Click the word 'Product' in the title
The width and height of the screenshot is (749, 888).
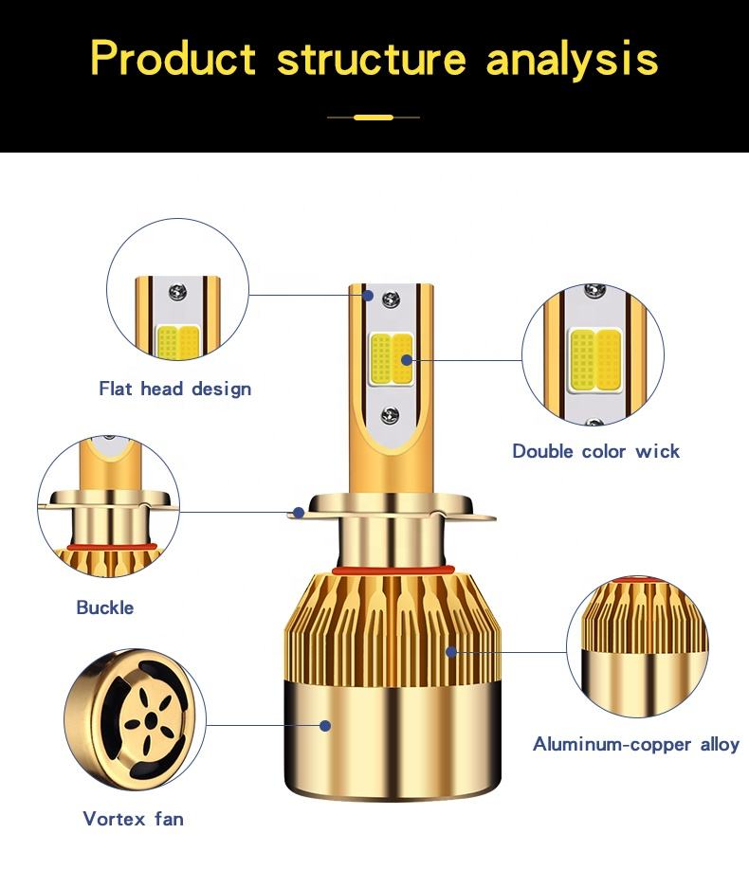[x=174, y=58]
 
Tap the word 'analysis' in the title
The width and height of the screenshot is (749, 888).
[x=572, y=58]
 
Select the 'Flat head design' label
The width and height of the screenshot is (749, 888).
[x=175, y=389]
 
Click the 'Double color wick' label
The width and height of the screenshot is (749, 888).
[x=595, y=451]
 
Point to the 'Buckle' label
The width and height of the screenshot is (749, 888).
[x=105, y=607]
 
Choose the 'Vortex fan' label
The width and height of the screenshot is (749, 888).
[x=133, y=818]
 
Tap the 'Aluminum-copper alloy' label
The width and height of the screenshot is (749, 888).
[x=635, y=744]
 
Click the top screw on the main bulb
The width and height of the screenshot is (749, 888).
[x=391, y=300]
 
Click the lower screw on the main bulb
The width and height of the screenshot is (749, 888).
[x=391, y=415]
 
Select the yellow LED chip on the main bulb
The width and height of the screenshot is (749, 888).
[x=390, y=359]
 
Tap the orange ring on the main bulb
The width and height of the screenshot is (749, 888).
[x=392, y=571]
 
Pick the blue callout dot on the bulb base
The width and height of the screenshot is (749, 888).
[x=325, y=726]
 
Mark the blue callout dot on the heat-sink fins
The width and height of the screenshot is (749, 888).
[x=451, y=651]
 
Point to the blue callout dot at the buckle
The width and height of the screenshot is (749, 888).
[x=299, y=513]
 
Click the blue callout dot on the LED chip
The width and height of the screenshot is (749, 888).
[x=407, y=360]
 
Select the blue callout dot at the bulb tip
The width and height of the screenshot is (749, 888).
[x=369, y=295]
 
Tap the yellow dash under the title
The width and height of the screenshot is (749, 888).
[x=373, y=118]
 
